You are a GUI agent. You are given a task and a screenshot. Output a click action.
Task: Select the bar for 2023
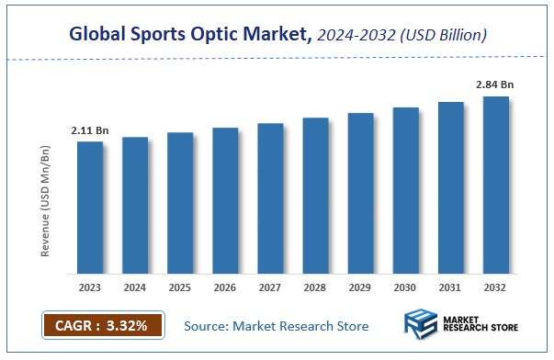click(x=90, y=208)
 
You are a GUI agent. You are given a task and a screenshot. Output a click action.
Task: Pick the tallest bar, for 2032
click(x=496, y=185)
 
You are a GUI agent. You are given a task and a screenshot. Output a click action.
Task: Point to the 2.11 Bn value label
click(x=89, y=131)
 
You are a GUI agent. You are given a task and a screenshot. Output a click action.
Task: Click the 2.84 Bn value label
click(x=494, y=85)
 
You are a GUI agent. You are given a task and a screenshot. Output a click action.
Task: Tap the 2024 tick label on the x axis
click(x=135, y=287)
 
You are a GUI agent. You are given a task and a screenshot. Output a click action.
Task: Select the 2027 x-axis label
click(x=270, y=287)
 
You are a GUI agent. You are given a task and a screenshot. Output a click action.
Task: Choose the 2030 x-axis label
click(x=406, y=287)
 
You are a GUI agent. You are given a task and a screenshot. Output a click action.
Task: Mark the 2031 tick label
click(x=451, y=287)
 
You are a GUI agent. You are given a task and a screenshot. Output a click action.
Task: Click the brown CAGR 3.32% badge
click(x=102, y=325)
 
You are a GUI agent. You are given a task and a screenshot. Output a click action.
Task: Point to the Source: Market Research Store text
click(x=277, y=326)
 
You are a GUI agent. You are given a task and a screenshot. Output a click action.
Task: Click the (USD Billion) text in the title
click(x=441, y=35)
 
